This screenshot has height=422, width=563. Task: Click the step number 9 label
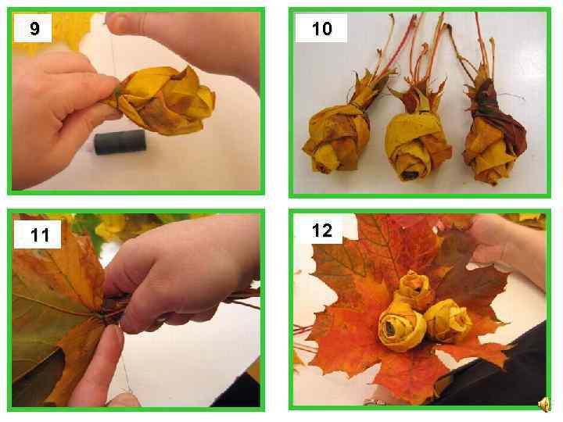(x=34, y=28)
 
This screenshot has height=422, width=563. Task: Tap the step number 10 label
(x=321, y=29)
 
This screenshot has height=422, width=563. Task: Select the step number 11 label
(x=40, y=235)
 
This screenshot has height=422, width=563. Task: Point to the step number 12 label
(x=321, y=230)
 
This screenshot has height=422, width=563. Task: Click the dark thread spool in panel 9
(x=120, y=141)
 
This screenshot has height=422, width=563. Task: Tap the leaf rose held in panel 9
(x=162, y=101)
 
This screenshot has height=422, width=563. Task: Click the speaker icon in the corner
(x=545, y=404)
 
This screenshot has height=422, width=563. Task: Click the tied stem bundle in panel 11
(x=115, y=308)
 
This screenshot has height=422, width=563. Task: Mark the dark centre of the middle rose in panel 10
(x=407, y=175)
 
